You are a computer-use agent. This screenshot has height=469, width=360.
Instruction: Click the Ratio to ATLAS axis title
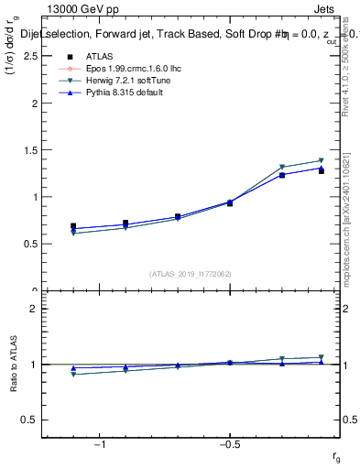click(14, 365)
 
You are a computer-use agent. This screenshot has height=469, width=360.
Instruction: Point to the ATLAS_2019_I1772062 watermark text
click(191, 274)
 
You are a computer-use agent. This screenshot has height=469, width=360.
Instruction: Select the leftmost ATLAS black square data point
click(73, 225)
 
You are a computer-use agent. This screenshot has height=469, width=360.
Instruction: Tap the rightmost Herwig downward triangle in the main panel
click(322, 161)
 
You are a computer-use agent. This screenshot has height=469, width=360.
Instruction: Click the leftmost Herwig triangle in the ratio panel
click(73, 374)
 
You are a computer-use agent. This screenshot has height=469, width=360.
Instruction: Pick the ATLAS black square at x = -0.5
click(229, 202)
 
